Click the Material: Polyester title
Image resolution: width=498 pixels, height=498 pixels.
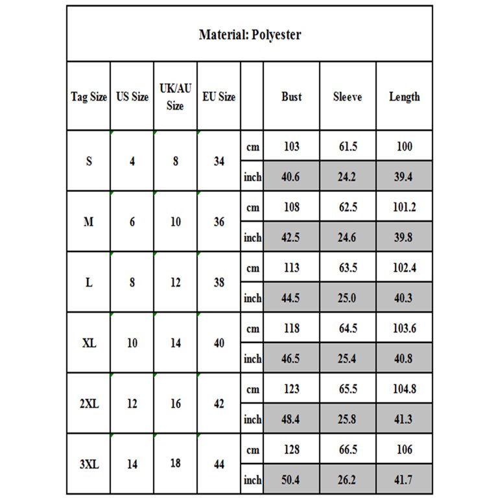[x=250, y=34]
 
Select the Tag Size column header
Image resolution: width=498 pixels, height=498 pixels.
[x=89, y=97]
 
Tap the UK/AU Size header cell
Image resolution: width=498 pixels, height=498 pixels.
[x=175, y=97]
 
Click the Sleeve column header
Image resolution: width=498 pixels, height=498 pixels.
[x=348, y=97]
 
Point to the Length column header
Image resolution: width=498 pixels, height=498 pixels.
[x=404, y=97]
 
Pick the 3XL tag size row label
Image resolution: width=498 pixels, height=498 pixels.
[x=89, y=464]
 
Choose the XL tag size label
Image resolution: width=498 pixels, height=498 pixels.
[x=89, y=343]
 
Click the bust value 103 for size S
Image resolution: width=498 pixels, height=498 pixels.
[x=292, y=147]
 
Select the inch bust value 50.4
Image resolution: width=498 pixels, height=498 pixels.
[x=292, y=480]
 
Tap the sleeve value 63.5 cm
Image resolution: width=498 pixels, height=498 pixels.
[x=348, y=268]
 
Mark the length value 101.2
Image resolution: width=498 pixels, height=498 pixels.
[x=404, y=207]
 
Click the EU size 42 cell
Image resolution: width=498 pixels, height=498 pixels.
[x=219, y=404]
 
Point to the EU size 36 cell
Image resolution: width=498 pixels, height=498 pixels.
[x=219, y=222]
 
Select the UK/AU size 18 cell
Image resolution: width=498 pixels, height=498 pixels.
[x=175, y=464]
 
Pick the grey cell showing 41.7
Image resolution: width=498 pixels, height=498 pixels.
[x=404, y=480]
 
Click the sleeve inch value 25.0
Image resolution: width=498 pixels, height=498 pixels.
[x=348, y=298]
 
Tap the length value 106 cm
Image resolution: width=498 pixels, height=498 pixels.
[x=404, y=450]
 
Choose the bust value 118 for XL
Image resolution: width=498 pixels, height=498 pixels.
[x=292, y=329]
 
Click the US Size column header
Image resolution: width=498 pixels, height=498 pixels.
[x=132, y=97]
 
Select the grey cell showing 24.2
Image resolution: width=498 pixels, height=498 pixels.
[x=348, y=177]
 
